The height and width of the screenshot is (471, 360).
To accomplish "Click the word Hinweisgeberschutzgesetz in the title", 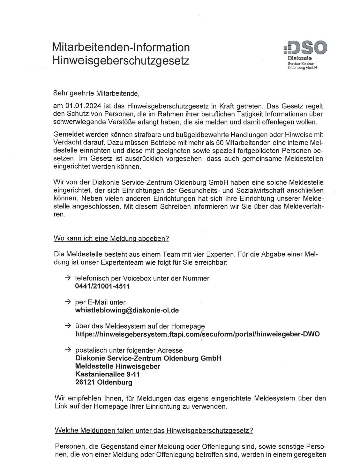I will point(121,61).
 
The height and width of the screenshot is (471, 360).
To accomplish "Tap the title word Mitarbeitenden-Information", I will point(121,47).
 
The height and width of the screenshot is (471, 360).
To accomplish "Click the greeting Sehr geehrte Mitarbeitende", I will point(96,93).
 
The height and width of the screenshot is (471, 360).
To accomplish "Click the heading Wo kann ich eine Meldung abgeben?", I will point(111,239).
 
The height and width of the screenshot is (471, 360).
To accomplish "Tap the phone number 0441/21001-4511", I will point(103,286).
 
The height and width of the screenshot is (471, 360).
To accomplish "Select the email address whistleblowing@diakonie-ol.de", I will point(127,310).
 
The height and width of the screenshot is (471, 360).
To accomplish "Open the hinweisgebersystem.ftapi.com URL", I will point(197,334).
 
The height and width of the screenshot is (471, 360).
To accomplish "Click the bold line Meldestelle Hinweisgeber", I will point(118,366).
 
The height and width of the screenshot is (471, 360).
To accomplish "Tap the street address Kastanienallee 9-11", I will point(108,374).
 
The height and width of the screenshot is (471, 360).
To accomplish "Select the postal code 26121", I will point(85,382).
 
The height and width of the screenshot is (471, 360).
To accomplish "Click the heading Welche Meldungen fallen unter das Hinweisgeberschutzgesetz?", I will point(154,431).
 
